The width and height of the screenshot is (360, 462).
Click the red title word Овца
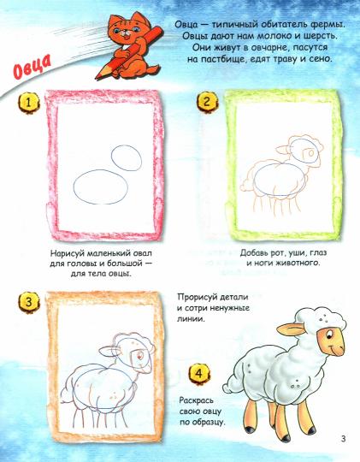tap(32, 67)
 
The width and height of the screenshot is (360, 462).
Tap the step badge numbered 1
tap(28, 103)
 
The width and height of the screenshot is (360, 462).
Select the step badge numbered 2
tap(207, 102)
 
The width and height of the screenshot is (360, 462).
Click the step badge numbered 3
tap(28, 302)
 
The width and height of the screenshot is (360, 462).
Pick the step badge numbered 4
tap(199, 374)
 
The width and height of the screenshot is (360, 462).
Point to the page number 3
tap(343, 438)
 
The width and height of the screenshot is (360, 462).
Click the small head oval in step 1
tap(127, 158)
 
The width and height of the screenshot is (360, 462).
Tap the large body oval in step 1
tap(101, 187)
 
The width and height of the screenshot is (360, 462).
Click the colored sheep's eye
tap(328, 334)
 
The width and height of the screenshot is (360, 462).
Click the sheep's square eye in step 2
tap(310, 152)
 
